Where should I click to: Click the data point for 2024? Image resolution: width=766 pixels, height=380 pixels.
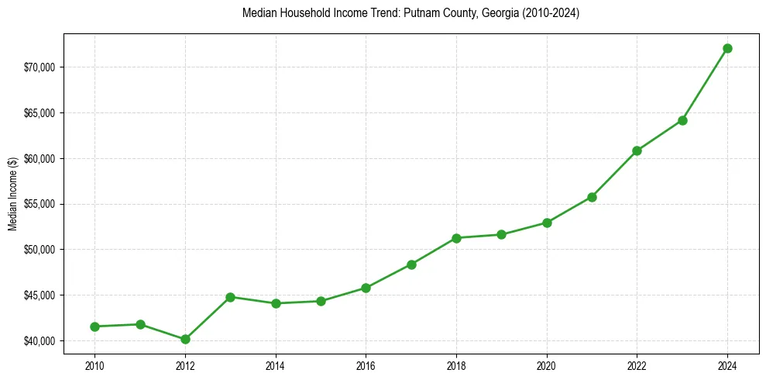[x=727, y=48]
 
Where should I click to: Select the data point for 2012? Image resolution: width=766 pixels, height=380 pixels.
[x=185, y=339]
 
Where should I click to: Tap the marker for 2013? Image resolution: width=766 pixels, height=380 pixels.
[x=230, y=297]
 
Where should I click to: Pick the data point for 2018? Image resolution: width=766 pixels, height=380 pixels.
[x=456, y=237]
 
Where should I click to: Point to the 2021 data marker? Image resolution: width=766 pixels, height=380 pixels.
[x=592, y=197]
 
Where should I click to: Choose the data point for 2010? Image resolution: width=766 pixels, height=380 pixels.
[x=94, y=326]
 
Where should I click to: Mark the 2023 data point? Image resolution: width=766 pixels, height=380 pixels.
[x=682, y=120]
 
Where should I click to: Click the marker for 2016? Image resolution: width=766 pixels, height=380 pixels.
[x=366, y=288]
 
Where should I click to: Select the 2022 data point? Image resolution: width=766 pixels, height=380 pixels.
[x=637, y=150]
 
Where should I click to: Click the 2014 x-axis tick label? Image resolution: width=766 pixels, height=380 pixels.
[x=276, y=364]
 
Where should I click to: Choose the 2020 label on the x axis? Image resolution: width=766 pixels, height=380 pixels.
[x=547, y=364]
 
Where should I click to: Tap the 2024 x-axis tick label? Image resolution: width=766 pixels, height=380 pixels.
[x=727, y=364]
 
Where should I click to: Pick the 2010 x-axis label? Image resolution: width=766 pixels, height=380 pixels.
[x=94, y=364]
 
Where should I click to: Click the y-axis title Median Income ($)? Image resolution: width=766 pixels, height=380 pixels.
[x=12, y=195]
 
